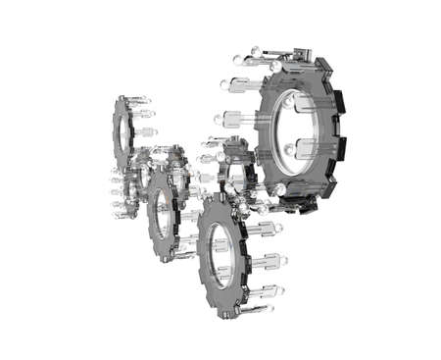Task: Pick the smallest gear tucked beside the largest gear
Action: point(235,169)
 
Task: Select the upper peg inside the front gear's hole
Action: point(222,241)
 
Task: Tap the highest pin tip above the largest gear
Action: point(254,49)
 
